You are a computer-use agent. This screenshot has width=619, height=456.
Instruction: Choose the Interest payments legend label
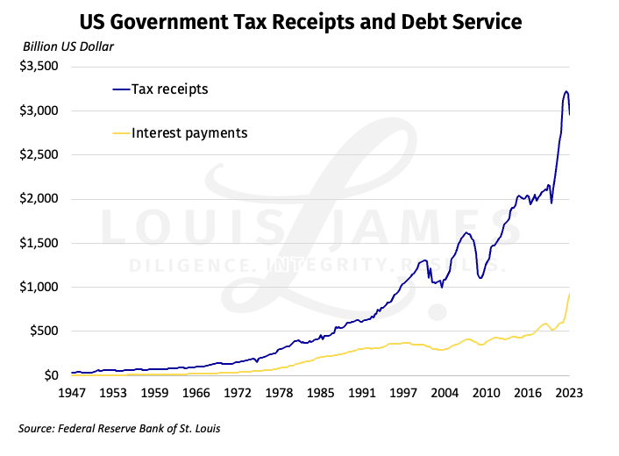click(189, 133)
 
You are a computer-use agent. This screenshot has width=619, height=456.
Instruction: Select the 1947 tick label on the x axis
click(72, 394)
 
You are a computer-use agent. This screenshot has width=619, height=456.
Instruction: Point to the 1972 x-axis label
click(238, 394)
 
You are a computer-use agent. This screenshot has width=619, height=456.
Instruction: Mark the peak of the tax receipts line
click(566, 91)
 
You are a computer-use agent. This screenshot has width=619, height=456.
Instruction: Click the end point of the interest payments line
click(570, 294)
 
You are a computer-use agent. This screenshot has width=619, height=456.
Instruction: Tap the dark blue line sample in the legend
click(121, 89)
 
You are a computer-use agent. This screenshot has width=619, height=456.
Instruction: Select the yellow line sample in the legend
click(121, 133)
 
